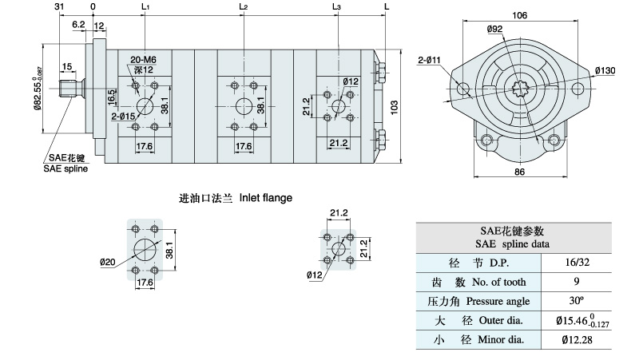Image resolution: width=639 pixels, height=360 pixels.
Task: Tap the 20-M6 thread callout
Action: click(142, 60)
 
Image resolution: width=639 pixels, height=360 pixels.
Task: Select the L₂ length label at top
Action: click(243, 7)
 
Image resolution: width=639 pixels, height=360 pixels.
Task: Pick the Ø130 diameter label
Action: click(605, 71)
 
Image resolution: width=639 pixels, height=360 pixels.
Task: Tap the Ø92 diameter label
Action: click(494, 30)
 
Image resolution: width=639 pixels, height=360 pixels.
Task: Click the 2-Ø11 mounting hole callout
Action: click(430, 60)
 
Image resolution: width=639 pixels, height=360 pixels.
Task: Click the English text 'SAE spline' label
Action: click(66, 168)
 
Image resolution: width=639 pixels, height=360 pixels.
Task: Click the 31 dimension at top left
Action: click(59, 7)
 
